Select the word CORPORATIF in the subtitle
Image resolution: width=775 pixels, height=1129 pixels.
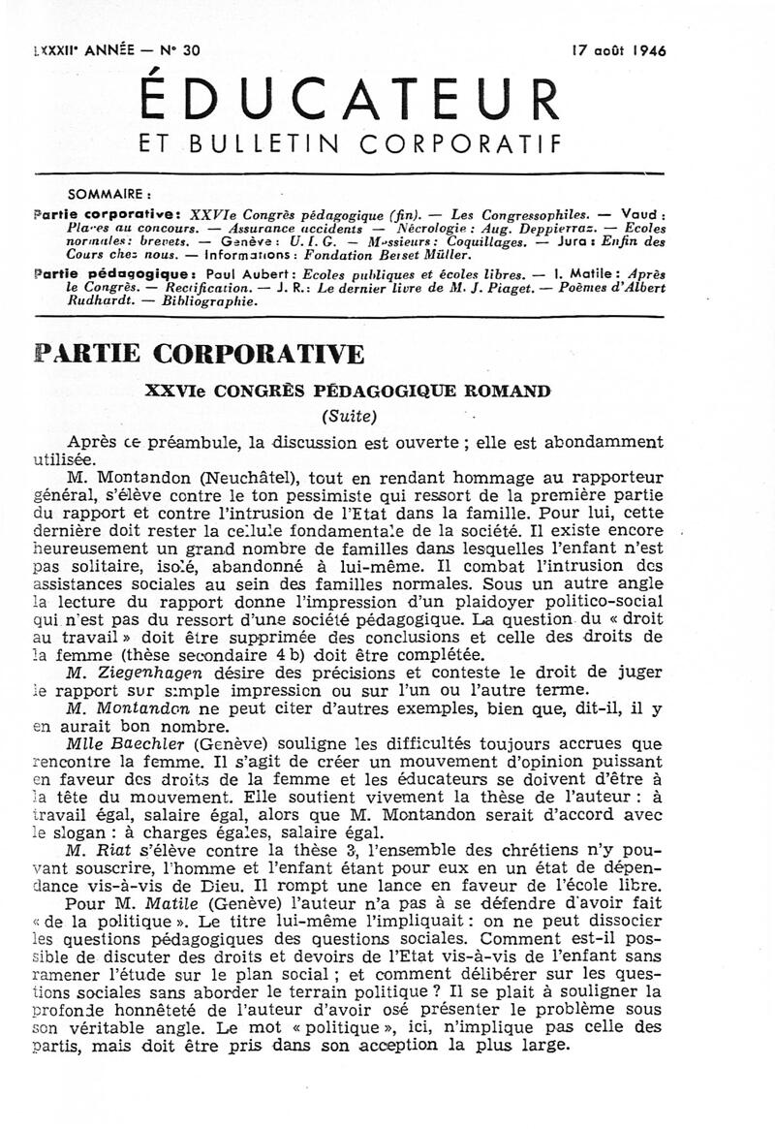pos(460,144)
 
